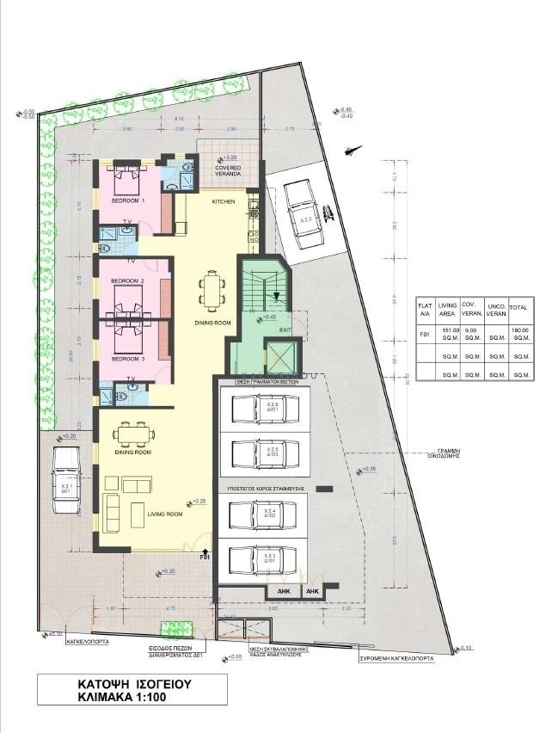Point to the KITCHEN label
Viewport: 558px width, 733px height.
(x=224, y=201)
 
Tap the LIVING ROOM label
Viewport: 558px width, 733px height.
(x=166, y=514)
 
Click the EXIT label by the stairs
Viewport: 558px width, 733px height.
(x=285, y=330)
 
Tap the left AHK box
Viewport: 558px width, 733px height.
(x=282, y=592)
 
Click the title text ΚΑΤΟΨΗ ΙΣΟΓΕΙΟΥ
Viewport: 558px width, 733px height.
(x=129, y=685)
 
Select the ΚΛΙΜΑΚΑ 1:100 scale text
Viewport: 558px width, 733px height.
(x=129, y=701)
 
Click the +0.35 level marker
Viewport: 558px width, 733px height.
(x=367, y=469)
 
